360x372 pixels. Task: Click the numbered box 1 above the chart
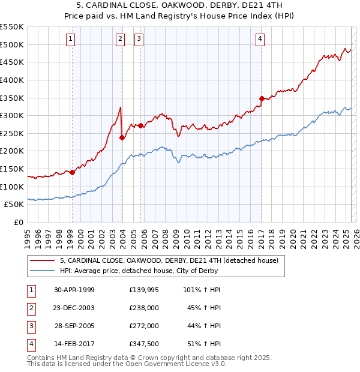[x=70, y=40]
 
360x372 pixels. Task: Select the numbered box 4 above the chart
[x=260, y=40]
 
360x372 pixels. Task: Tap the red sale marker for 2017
[x=262, y=98]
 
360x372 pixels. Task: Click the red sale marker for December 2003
[x=122, y=137]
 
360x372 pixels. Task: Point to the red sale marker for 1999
[x=72, y=172]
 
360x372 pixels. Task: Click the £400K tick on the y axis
[x=12, y=80]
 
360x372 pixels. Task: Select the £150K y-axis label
[x=12, y=169]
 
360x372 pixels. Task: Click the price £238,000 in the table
[x=143, y=308]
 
